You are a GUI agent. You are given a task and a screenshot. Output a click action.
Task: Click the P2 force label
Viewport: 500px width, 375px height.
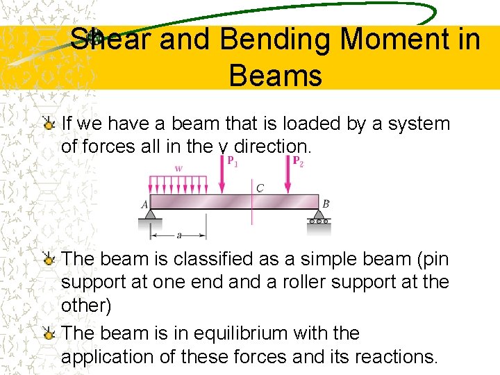tap(297, 161)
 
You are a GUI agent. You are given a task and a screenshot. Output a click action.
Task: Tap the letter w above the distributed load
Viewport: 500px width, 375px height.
tap(178, 167)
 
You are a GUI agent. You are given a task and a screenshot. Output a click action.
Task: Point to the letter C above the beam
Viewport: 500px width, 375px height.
tap(260, 187)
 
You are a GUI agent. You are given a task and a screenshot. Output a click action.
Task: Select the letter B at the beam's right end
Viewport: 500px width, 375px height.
tap(326, 203)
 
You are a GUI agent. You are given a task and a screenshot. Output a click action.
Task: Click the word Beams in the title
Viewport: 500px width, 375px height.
tap(275, 74)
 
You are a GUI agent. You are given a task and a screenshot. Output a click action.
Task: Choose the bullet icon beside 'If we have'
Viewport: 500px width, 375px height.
tap(49, 124)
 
